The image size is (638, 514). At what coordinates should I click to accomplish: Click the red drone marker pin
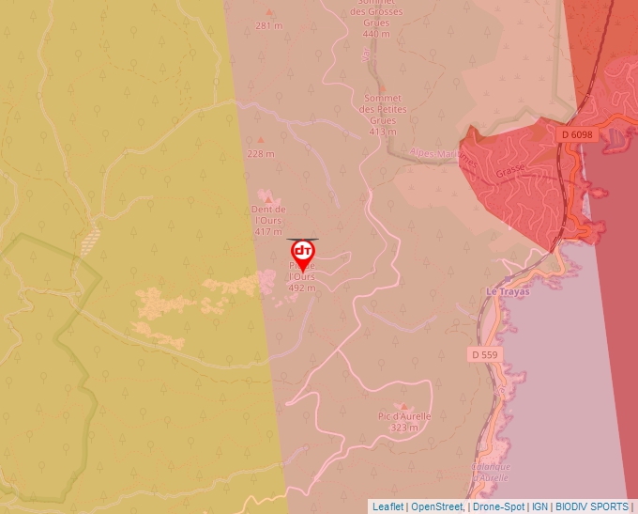tap(302, 254)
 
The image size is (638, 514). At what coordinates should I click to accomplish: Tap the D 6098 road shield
tap(578, 134)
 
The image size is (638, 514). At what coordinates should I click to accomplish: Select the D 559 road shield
tap(484, 355)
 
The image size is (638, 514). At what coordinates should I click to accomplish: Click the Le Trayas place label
tap(508, 292)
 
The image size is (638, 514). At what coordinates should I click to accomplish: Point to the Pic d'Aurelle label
tap(404, 416)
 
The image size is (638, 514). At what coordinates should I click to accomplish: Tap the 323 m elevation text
tap(404, 428)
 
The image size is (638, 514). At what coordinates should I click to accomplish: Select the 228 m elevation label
tap(260, 153)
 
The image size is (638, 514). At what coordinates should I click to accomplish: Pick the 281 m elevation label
tap(268, 25)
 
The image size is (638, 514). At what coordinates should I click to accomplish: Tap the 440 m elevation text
tap(375, 34)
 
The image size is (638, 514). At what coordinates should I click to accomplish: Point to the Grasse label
tap(510, 173)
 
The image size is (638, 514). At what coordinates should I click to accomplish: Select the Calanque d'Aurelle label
tap(490, 473)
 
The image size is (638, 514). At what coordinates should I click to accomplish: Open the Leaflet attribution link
tap(387, 506)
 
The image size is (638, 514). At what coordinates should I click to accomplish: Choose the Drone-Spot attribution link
tap(498, 506)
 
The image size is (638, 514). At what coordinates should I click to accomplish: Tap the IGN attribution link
tap(539, 506)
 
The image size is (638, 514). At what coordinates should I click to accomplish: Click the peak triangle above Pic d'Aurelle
tap(404, 406)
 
